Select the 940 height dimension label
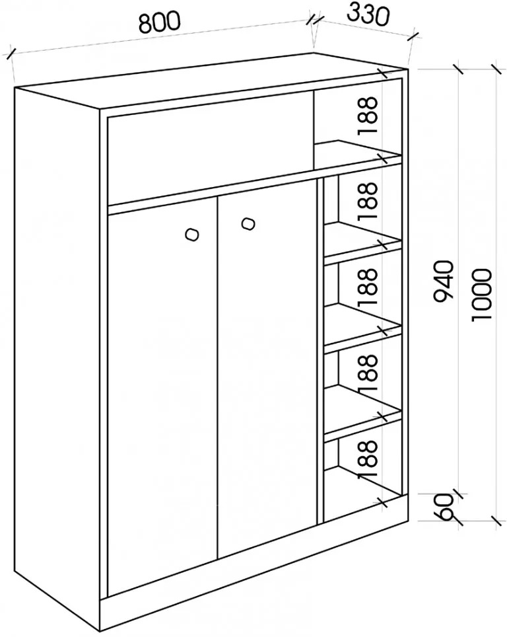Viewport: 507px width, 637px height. (x=442, y=281)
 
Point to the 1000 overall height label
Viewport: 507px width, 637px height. (x=482, y=293)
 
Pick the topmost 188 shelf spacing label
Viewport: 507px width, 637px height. (x=368, y=116)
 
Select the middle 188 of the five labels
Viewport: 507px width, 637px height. (x=368, y=287)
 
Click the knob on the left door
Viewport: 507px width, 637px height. (x=191, y=235)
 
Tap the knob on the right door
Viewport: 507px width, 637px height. (x=248, y=223)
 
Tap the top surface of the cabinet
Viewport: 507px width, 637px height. (x=211, y=81)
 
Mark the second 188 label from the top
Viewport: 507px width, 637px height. (x=368, y=201)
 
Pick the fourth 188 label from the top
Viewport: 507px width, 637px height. (x=368, y=373)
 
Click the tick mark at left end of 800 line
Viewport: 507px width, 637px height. (x=11, y=54)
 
